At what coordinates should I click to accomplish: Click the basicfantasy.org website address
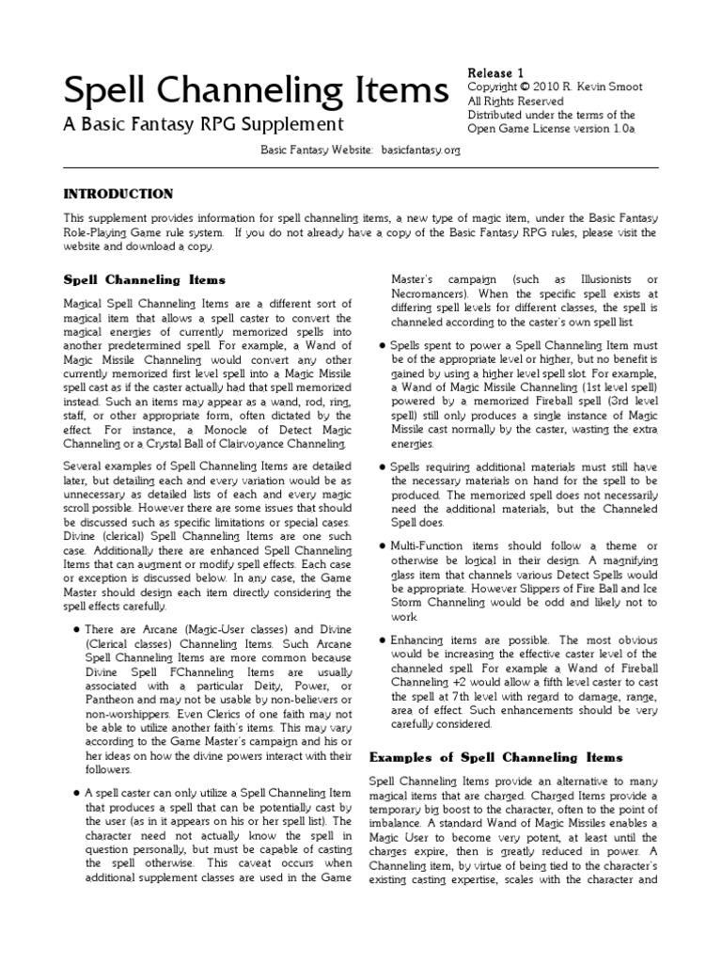pyautogui.click(x=421, y=150)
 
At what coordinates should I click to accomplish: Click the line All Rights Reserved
pyautogui.click(x=515, y=101)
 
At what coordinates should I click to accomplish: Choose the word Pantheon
pyautogui.click(x=109, y=717)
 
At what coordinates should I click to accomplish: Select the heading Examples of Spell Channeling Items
pyautogui.click(x=495, y=757)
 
